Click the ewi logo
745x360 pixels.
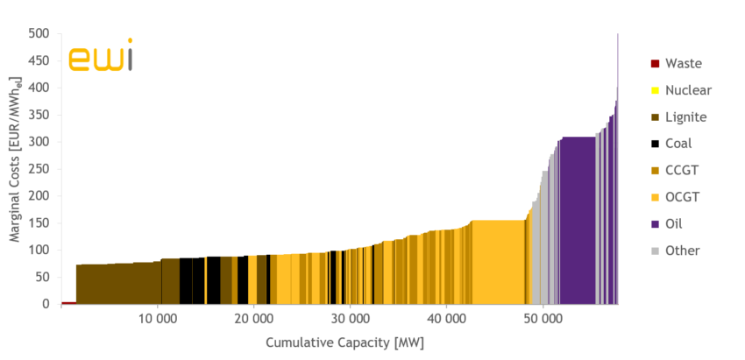click(100, 55)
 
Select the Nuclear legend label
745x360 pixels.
click(688, 90)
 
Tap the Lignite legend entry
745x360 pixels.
click(685, 116)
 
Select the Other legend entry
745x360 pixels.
click(682, 251)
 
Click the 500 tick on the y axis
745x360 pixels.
click(39, 34)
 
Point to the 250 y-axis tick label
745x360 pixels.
click(39, 169)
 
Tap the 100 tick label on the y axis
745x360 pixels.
click(39, 250)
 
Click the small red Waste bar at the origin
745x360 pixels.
click(68, 302)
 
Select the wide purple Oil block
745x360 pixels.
click(578, 219)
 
